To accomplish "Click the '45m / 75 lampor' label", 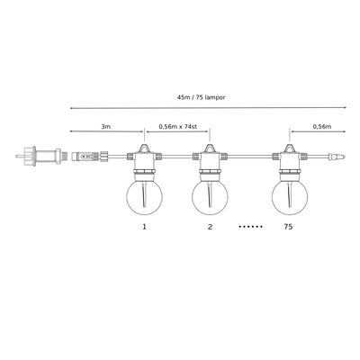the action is coord(201,97).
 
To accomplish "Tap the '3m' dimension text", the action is coord(106,127).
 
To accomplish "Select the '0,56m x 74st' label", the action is coord(178,127).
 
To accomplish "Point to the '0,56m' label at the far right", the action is coord(322,127).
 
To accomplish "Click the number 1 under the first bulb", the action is coord(145,227).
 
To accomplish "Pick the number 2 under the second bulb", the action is coord(210,227).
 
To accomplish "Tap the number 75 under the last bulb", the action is coord(288,227).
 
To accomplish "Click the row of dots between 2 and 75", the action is coord(250,227).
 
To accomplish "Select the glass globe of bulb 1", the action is coord(145,197).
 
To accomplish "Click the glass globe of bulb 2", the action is coord(210,197).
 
